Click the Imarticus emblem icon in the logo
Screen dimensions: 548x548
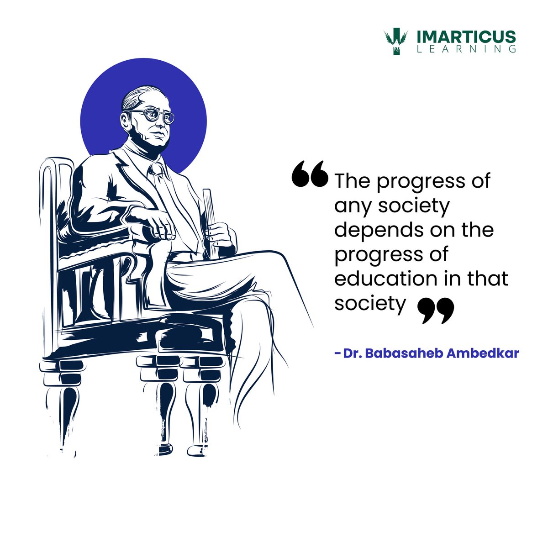point(395,42)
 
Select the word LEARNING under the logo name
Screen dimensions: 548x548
point(466,49)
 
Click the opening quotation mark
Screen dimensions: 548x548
point(310,174)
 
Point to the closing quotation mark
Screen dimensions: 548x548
point(436,311)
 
